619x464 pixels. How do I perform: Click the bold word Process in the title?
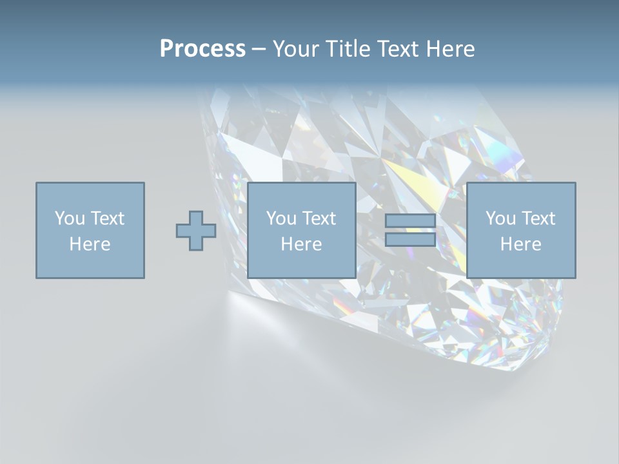point(202,49)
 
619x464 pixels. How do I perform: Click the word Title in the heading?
point(348,49)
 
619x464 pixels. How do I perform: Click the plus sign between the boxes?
point(196,231)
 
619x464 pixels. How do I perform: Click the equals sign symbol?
point(410,231)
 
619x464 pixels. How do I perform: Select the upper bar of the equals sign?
point(410,221)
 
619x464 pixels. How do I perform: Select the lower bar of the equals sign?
point(410,240)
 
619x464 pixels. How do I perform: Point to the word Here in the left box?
point(90,244)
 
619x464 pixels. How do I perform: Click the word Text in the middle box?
point(318,218)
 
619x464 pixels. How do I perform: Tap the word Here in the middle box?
point(302,244)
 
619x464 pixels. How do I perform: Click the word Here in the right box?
point(521,244)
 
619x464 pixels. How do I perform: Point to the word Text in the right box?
point(537,218)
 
